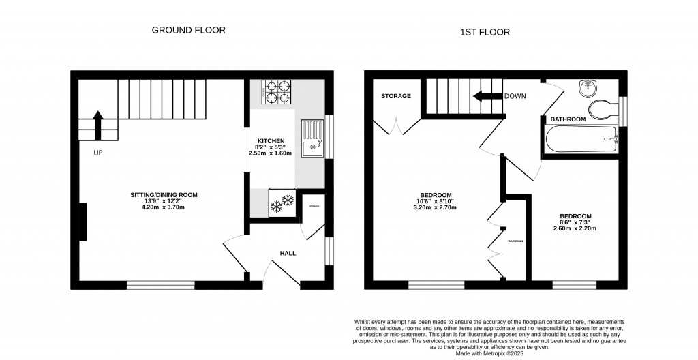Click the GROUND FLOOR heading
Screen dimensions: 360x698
188,30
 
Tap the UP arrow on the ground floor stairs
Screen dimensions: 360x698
97,125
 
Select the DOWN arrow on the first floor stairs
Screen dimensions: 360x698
487,96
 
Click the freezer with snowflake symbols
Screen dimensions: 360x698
282,202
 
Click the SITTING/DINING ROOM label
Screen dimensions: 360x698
164,195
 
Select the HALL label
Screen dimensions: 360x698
288,253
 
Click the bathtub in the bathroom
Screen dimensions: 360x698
580,141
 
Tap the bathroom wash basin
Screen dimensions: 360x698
588,89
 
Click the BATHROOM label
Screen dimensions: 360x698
568,119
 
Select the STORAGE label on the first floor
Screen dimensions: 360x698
396,96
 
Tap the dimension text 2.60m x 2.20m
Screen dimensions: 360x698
575,228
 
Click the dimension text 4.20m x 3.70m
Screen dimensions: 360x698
163,207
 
